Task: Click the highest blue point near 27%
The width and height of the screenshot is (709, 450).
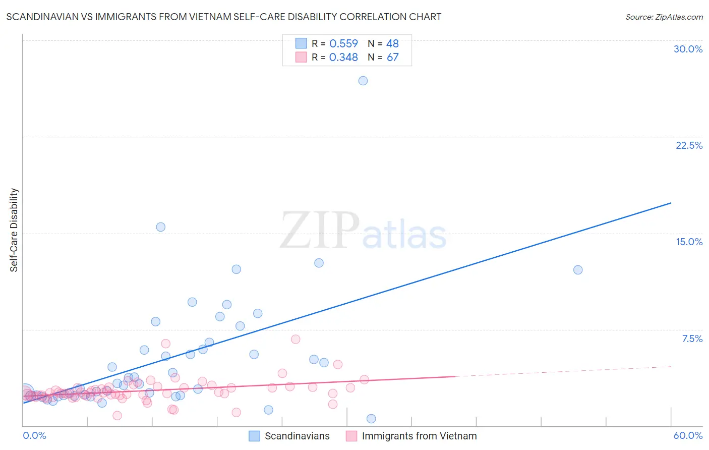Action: coord(363,81)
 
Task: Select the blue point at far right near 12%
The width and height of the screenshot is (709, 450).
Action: coord(578,270)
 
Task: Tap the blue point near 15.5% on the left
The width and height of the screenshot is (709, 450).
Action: coord(161,227)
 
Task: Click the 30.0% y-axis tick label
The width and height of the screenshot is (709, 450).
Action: coord(688,49)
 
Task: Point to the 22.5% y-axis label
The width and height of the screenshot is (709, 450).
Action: coord(689,145)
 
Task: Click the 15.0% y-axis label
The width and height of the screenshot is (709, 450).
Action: coord(689,242)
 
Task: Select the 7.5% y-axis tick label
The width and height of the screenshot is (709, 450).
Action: coord(692,339)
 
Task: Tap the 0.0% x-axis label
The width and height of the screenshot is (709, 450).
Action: coord(35,436)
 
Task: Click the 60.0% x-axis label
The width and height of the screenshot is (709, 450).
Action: coord(688,436)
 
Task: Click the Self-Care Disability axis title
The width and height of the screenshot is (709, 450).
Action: coord(14,230)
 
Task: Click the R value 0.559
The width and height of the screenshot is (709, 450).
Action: coord(343,44)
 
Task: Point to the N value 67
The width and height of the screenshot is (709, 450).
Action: coord(393,58)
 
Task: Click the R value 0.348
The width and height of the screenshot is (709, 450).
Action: coord(343,58)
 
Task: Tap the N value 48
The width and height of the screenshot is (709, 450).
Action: coord(393,44)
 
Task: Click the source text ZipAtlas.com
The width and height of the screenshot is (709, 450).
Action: coord(664,17)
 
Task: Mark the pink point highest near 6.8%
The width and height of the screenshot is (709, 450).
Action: coord(296,339)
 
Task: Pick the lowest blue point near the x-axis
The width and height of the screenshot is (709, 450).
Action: coord(371,419)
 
